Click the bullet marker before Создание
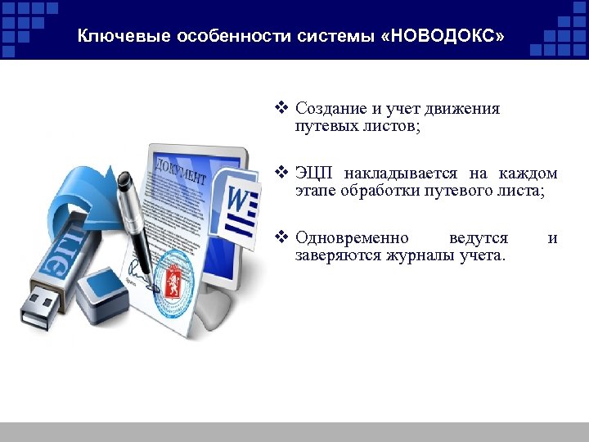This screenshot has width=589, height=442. tap(282, 108)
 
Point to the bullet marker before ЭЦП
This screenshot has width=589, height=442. tap(282, 174)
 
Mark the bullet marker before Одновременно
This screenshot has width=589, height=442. tap(282, 238)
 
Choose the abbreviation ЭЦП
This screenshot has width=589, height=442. tap(315, 174)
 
